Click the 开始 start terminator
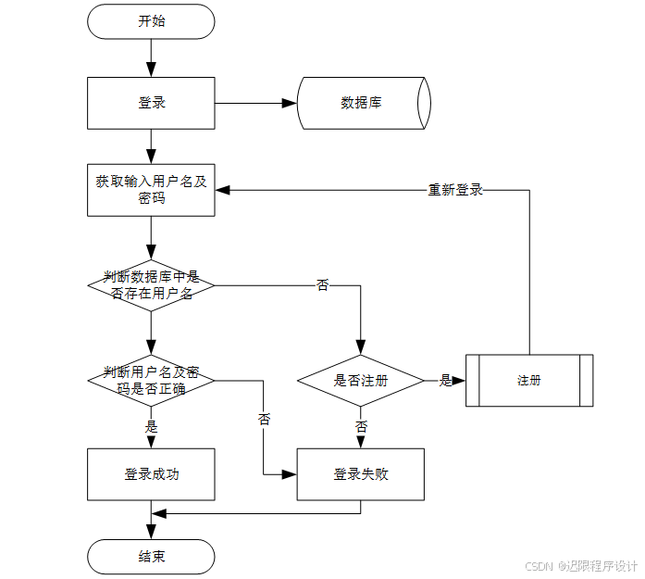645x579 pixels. point(151,21)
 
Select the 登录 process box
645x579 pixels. point(151,103)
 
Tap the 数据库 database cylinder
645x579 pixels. point(362,103)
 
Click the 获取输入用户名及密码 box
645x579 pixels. point(151,190)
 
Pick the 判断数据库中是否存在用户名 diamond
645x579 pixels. point(151,285)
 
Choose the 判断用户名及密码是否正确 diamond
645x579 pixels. point(151,380)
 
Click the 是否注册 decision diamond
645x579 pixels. point(360,380)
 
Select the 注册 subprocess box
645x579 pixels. point(529,380)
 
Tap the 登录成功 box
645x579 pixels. point(151,474)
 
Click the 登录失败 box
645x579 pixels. point(360,474)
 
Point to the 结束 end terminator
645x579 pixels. point(151,557)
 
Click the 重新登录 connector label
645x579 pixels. point(455,190)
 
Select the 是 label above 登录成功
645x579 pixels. point(152,427)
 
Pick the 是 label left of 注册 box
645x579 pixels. point(445,380)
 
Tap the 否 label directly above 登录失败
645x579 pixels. point(361,427)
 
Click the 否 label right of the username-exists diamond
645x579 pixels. point(322,285)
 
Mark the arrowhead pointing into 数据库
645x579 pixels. point(289,103)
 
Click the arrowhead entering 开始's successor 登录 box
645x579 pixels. point(151,69)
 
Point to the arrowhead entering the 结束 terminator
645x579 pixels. point(151,533)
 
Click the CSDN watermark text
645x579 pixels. point(581,566)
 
